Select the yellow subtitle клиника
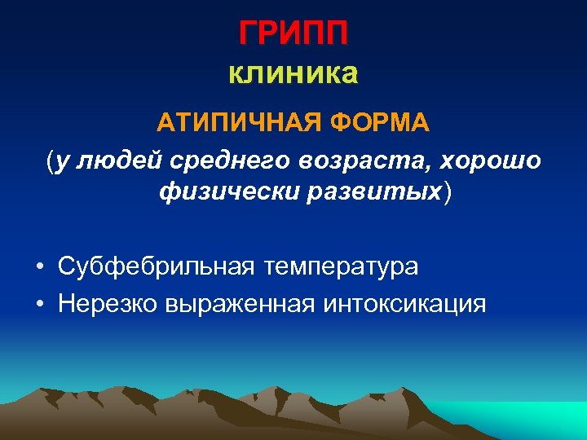point(293,74)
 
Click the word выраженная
point(241,305)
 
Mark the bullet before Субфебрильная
point(39,267)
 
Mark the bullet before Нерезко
point(39,305)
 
